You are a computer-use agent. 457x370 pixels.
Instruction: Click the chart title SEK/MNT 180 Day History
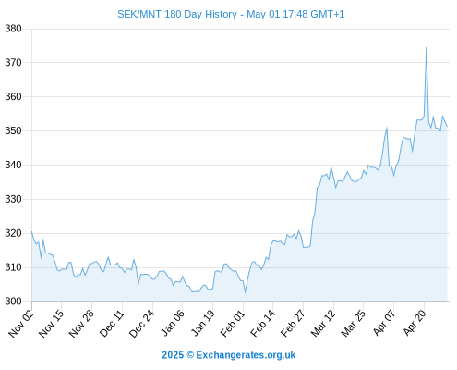pyautogui.click(x=177, y=14)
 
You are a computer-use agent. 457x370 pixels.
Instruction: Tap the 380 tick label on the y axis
pyautogui.click(x=13, y=29)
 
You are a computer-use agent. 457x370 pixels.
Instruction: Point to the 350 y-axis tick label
pyautogui.click(x=13, y=130)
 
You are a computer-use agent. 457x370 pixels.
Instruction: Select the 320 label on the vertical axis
pyautogui.click(x=13, y=233)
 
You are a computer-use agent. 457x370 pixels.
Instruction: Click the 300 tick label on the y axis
pyautogui.click(x=13, y=301)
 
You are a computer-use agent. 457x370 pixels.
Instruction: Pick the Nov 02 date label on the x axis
pyautogui.click(x=21, y=324)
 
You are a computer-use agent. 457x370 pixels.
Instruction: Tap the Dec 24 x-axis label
pyautogui.click(x=141, y=324)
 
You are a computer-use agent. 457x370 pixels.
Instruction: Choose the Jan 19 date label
pyautogui.click(x=202, y=324)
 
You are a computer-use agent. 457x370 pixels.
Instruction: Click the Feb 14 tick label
pyautogui.click(x=262, y=324)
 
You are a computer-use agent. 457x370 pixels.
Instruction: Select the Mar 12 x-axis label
pyautogui.click(x=323, y=324)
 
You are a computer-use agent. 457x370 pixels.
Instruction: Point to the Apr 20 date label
pyautogui.click(x=415, y=323)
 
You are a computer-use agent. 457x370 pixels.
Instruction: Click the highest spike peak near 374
pyautogui.click(x=427, y=47)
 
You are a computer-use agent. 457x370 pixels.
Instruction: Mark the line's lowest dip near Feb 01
pyautogui.click(x=246, y=292)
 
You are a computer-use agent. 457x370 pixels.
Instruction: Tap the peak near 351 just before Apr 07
pyautogui.click(x=387, y=127)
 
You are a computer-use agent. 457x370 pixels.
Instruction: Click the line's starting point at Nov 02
pyautogui.click(x=31, y=231)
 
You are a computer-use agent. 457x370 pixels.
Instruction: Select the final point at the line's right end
pyautogui.click(x=447, y=126)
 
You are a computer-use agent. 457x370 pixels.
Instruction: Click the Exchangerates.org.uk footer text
pyautogui.click(x=246, y=355)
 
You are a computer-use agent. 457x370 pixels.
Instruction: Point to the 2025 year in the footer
pyautogui.click(x=173, y=355)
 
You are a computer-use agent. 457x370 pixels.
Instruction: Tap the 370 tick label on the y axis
pyautogui.click(x=13, y=63)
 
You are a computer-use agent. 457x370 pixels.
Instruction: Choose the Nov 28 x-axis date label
pyautogui.click(x=81, y=324)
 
